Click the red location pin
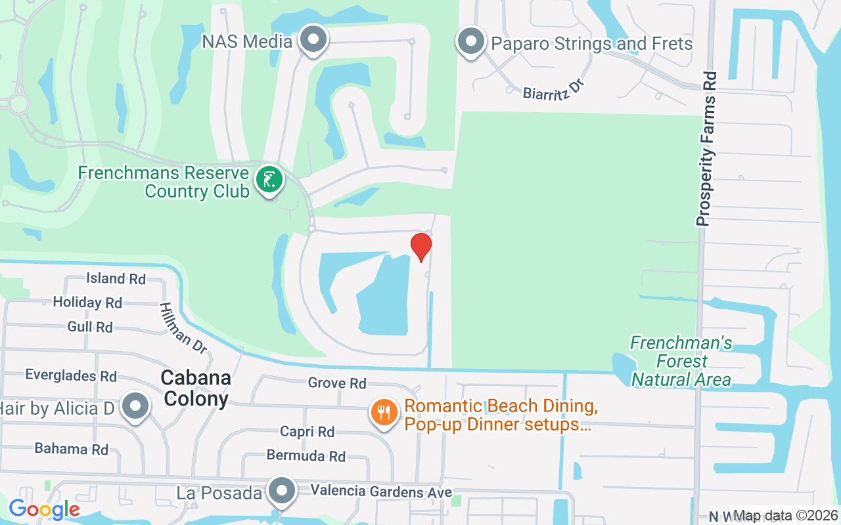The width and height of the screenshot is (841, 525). point(421,247)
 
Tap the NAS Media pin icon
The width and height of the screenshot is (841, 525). point(313,40)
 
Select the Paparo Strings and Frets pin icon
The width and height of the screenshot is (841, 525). point(470,42)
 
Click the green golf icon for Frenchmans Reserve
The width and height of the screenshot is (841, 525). point(269,180)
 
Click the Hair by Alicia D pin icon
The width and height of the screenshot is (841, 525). point(135,406)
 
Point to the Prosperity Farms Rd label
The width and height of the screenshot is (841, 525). point(706,148)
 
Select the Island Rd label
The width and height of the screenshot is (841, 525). point(116,278)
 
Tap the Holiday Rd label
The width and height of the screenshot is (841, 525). point(87,303)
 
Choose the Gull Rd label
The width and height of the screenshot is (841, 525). point(90,327)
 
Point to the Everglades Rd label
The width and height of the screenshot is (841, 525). point(71,375)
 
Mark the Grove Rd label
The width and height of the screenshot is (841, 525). point(337,383)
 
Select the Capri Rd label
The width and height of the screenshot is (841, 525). point(307,431)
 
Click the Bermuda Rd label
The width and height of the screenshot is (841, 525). point(306,455)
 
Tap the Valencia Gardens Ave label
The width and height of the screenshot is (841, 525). point(381,492)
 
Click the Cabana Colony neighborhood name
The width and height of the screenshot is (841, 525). point(196,388)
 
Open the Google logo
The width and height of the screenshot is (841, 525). point(44,509)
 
